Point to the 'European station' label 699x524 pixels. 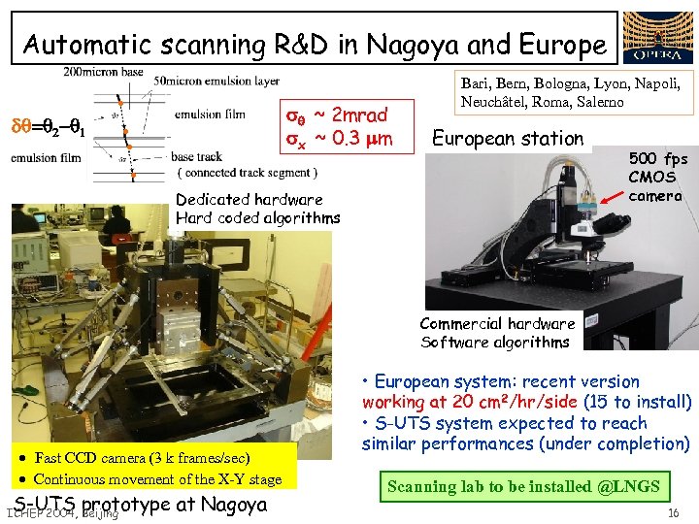(508, 139)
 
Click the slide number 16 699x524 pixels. (673, 511)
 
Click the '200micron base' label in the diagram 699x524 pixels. (102, 73)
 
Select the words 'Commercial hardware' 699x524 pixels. (497, 323)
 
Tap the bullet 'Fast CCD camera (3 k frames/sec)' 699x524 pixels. (140, 458)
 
